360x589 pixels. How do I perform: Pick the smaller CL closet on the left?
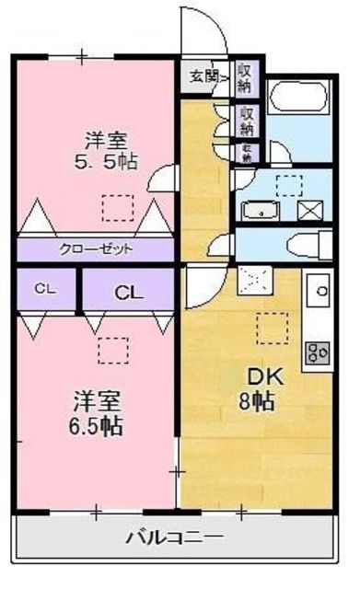coord(43,289)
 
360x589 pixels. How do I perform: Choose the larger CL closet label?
coord(128,292)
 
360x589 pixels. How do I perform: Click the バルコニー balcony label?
coord(174,537)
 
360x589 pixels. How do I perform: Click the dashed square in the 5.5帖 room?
coord(117,208)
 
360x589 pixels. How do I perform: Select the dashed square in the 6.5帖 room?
coord(112,351)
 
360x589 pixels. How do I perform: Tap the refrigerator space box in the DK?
coord(251,277)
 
